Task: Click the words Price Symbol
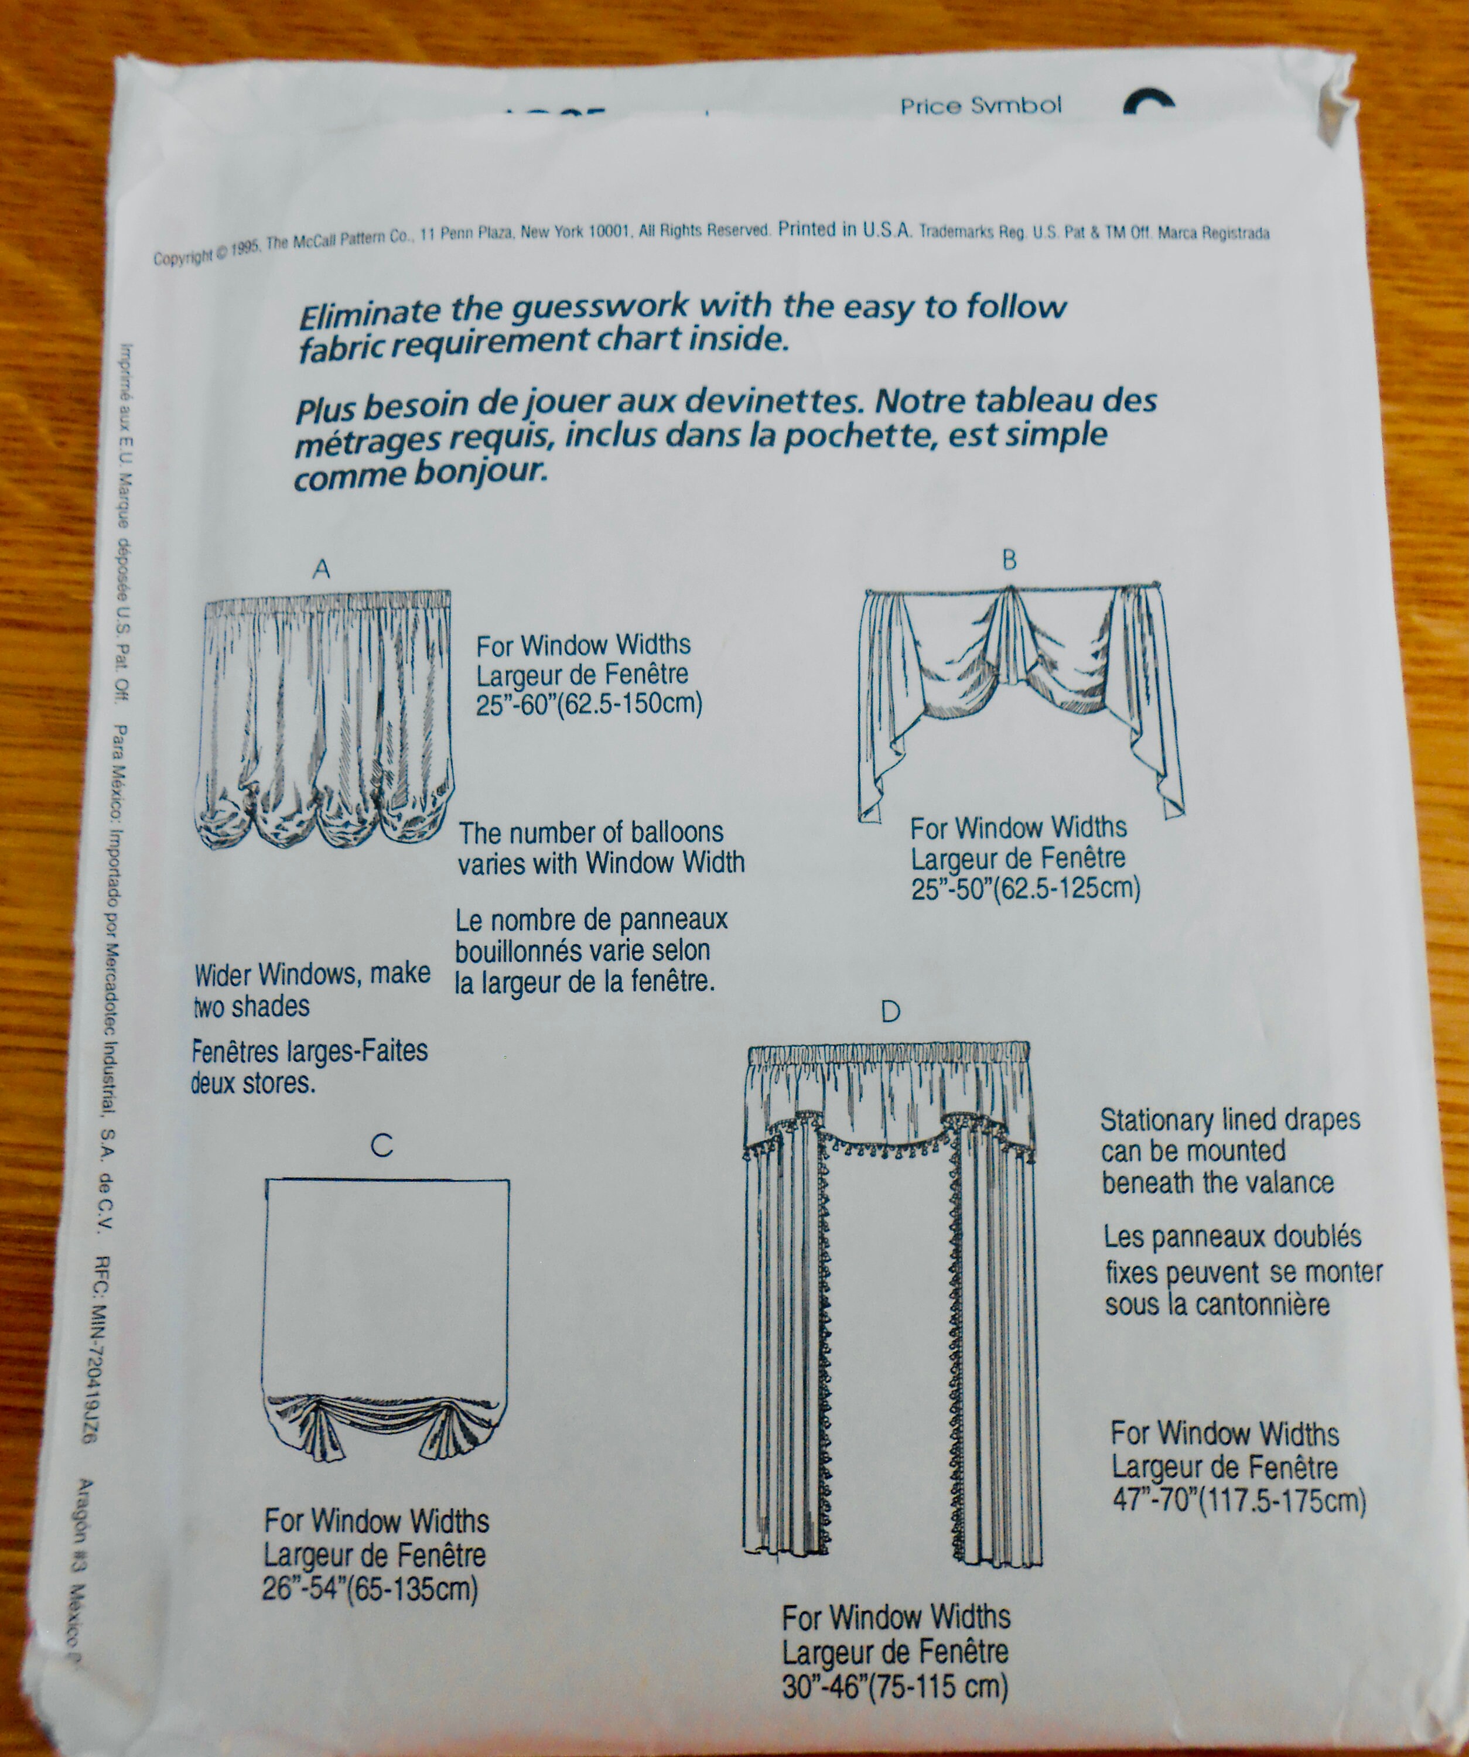click(981, 106)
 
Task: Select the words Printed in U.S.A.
click(845, 230)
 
